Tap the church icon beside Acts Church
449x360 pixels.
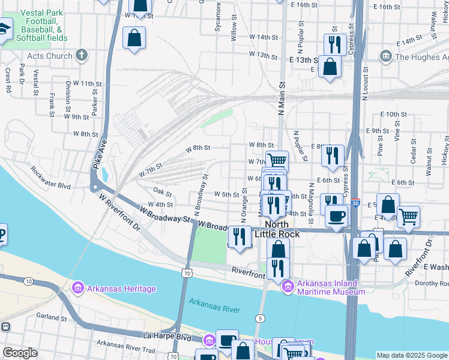[x=82, y=56]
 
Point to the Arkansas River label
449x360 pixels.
[x=214, y=309]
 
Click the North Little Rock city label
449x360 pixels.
[x=277, y=229]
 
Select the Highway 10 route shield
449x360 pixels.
[x=28, y=281]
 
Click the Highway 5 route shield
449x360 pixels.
[x=259, y=318]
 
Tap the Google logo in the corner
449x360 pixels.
[x=20, y=353]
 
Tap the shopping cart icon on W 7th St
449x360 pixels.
[x=277, y=160]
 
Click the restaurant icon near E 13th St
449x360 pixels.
[x=334, y=44]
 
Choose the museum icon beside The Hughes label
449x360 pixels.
[x=386, y=57]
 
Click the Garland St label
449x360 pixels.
[x=47, y=315]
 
